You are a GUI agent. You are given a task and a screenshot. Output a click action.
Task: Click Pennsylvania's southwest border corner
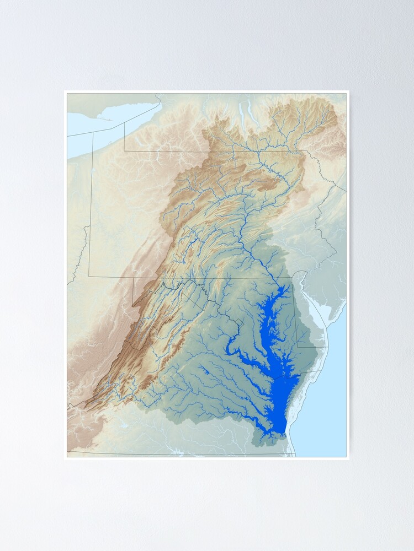coord(89,276)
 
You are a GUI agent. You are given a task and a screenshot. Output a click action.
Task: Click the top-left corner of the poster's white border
coord(65,91)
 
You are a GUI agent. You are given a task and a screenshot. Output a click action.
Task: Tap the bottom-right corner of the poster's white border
coord(349,459)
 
